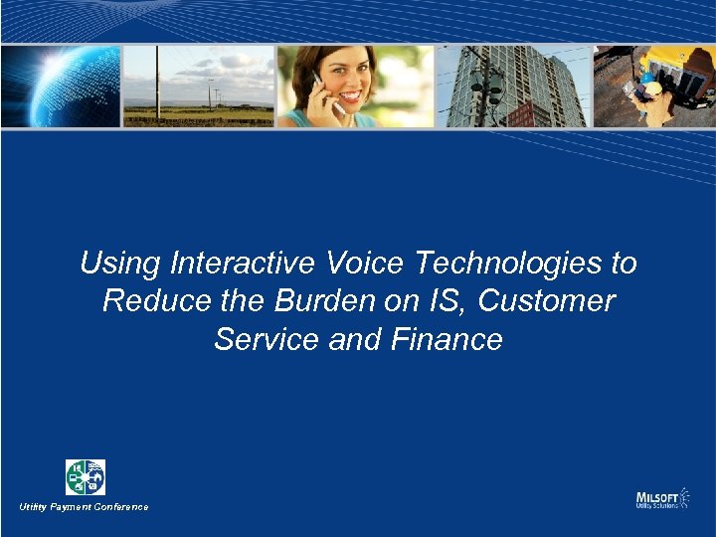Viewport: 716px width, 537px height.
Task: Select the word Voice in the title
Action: (358, 264)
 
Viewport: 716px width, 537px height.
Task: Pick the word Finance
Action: (447, 339)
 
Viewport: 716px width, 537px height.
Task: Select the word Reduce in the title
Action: (148, 301)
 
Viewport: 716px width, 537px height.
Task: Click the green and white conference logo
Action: (86, 477)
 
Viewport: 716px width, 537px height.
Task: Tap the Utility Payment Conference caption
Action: (84, 507)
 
